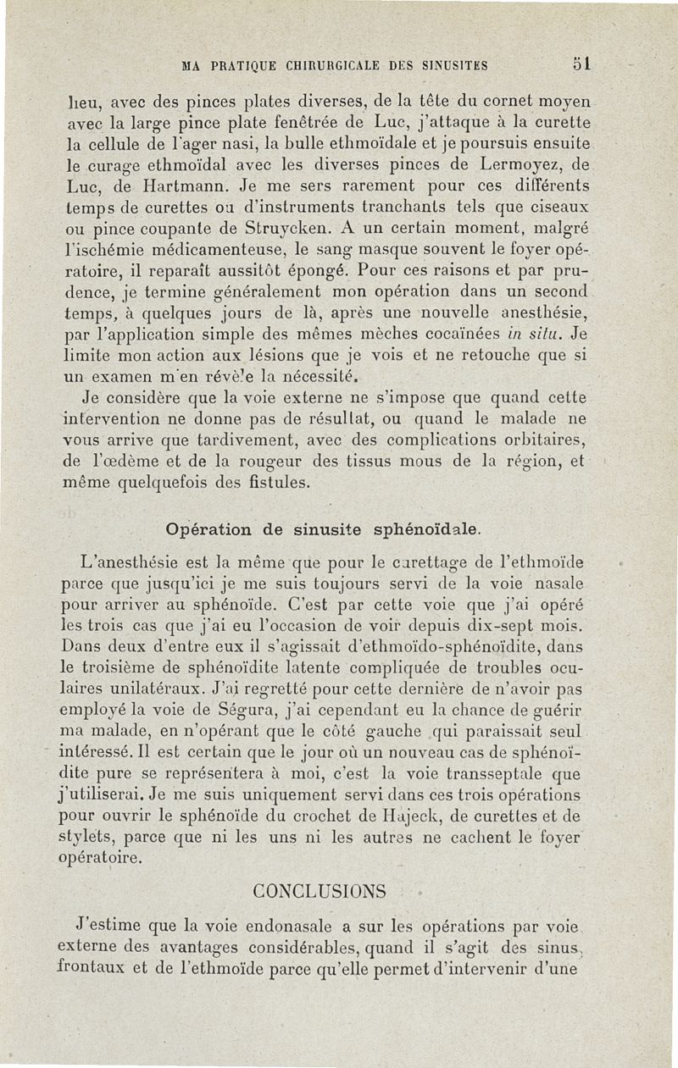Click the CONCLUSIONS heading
point(320,891)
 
